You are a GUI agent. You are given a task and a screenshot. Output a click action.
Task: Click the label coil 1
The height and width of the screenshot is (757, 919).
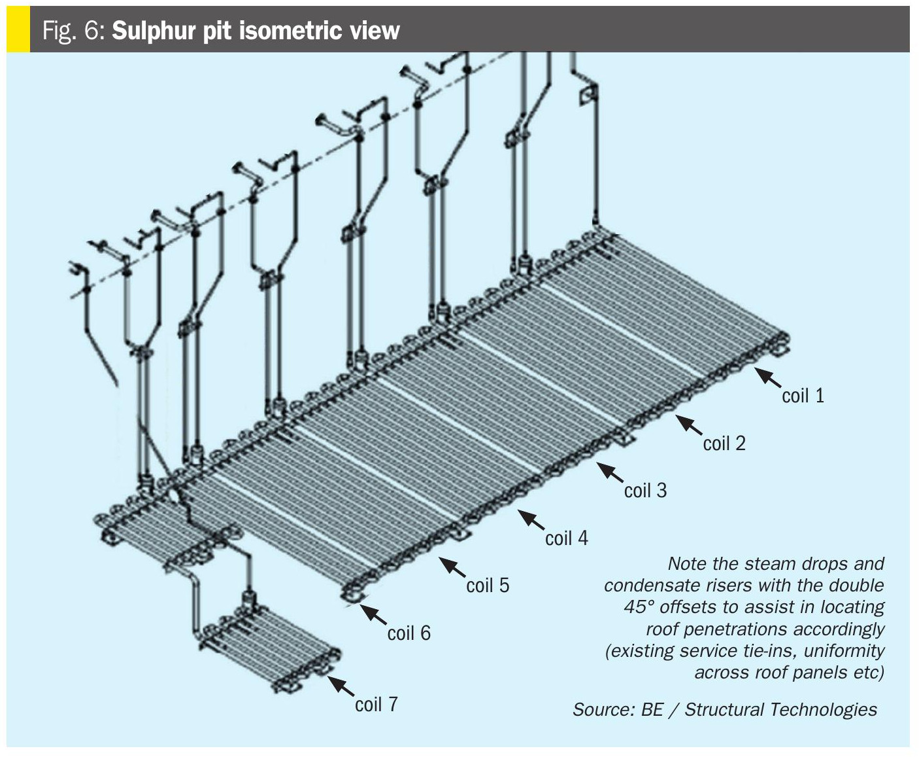pos(803,396)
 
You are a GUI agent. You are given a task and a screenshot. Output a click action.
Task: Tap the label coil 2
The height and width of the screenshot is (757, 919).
pos(724,444)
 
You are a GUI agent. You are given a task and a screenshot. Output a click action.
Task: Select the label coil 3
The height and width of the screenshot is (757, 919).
pos(645,491)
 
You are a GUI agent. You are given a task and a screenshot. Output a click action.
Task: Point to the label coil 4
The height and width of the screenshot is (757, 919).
pos(566,538)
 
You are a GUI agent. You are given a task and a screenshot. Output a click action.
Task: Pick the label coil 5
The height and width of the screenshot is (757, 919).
pos(488,586)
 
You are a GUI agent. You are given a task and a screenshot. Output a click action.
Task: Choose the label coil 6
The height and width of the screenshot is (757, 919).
pos(409,633)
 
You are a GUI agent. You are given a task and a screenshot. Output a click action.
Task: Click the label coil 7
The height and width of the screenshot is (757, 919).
pos(376,705)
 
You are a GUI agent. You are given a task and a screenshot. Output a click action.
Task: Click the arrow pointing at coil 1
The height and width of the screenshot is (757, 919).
pos(768,378)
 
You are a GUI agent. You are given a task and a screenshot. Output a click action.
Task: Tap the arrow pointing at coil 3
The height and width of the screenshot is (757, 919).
pos(610,473)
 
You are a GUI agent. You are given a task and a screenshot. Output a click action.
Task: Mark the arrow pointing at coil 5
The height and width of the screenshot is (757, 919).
pos(452,567)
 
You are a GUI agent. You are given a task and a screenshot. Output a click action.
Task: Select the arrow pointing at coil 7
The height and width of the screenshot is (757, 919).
pos(341,686)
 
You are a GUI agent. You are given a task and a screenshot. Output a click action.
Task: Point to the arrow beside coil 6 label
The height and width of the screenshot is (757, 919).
pos(373,615)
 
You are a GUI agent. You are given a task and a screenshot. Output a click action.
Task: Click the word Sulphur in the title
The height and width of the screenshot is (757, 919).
pos(153,31)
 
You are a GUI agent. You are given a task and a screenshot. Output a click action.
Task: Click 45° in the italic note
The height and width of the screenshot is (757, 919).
pos(639,607)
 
